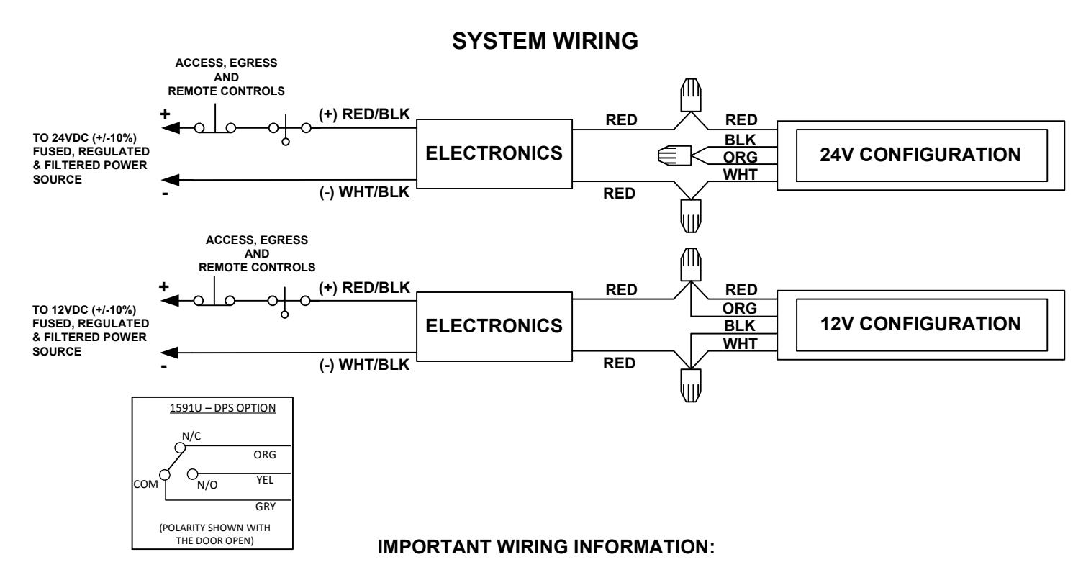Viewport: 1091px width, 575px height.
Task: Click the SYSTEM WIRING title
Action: tap(545, 41)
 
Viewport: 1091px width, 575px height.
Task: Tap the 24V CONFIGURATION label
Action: tap(920, 155)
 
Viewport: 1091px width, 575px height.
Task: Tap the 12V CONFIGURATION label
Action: tap(920, 324)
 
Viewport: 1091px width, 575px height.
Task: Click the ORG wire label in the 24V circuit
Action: tap(741, 158)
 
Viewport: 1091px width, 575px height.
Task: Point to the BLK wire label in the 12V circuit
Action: tap(739, 326)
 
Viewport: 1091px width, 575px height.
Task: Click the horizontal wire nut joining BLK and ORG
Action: tap(674, 155)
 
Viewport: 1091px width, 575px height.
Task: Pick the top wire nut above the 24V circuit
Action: tap(691, 95)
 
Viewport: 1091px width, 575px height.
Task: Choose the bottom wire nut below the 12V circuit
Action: tap(691, 385)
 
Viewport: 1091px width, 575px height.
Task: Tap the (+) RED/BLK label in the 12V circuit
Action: tap(364, 288)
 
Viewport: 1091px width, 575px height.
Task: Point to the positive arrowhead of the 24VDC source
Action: tap(170, 128)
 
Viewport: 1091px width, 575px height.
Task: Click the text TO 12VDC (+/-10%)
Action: tap(84, 310)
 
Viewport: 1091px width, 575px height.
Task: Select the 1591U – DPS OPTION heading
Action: tap(222, 408)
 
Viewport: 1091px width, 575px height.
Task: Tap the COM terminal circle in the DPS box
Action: tap(165, 475)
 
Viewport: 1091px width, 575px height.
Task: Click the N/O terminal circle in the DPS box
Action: tap(192, 474)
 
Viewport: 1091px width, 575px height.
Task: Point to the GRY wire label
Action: tap(266, 507)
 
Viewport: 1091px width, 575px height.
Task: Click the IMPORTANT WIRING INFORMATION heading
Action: tap(546, 547)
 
